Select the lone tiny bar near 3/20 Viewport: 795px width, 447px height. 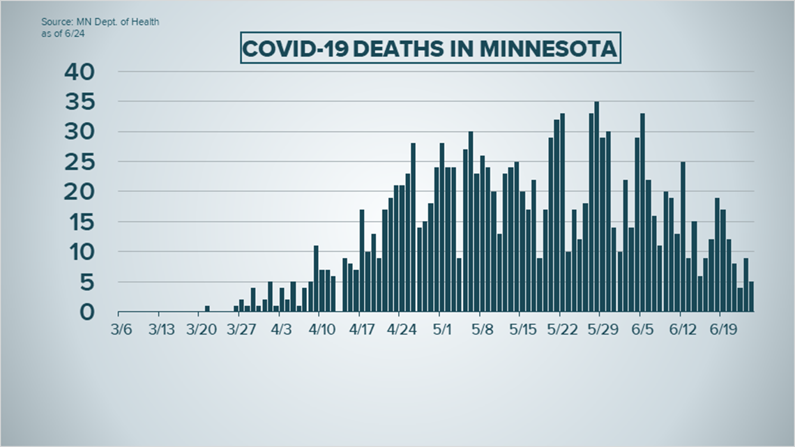(x=207, y=308)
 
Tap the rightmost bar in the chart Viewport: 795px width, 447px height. (x=751, y=296)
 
